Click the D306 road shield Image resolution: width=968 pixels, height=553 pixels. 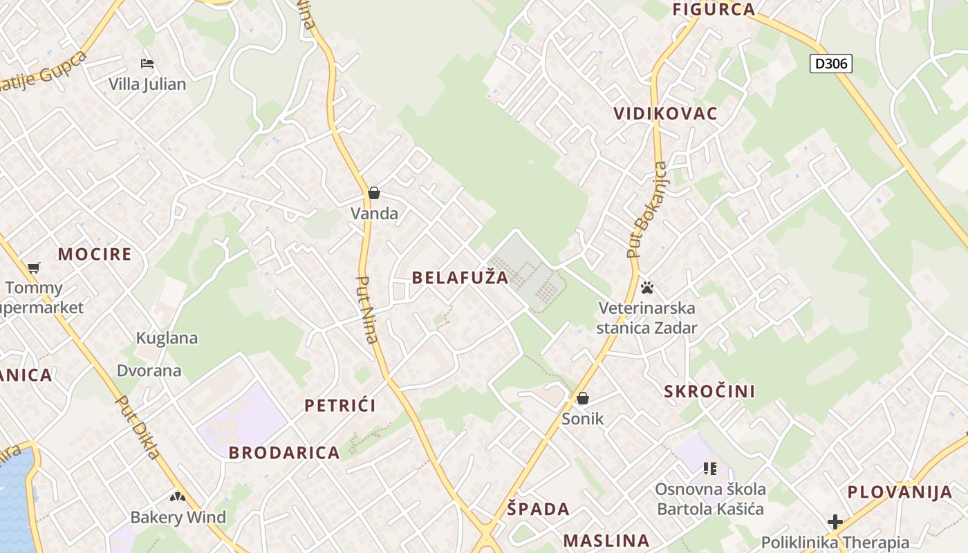(830, 64)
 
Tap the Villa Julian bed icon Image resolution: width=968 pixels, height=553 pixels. (147, 64)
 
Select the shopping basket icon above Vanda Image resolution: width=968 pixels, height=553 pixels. (374, 193)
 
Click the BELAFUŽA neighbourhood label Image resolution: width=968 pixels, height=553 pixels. (460, 278)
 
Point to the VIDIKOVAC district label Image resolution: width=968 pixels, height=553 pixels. (666, 114)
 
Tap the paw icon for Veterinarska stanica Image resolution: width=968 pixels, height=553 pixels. (647, 287)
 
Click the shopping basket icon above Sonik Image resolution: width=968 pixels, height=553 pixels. (583, 398)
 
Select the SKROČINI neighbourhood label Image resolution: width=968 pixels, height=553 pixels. (709, 391)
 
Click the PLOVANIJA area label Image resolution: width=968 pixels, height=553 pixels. (900, 492)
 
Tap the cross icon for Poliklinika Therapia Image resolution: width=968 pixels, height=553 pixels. (835, 521)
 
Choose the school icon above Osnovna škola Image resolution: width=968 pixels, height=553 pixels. (709, 469)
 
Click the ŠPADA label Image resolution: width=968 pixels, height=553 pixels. (539, 509)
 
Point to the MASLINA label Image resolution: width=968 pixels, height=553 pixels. (606, 541)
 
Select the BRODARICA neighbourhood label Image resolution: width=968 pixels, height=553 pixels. (284, 453)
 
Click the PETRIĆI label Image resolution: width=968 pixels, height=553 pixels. (340, 406)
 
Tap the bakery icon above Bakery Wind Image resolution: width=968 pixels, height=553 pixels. (178, 497)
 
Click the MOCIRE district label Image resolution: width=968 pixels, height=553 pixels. (94, 254)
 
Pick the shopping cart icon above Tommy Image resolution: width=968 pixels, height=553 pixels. (33, 268)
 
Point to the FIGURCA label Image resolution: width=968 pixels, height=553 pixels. (714, 10)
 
